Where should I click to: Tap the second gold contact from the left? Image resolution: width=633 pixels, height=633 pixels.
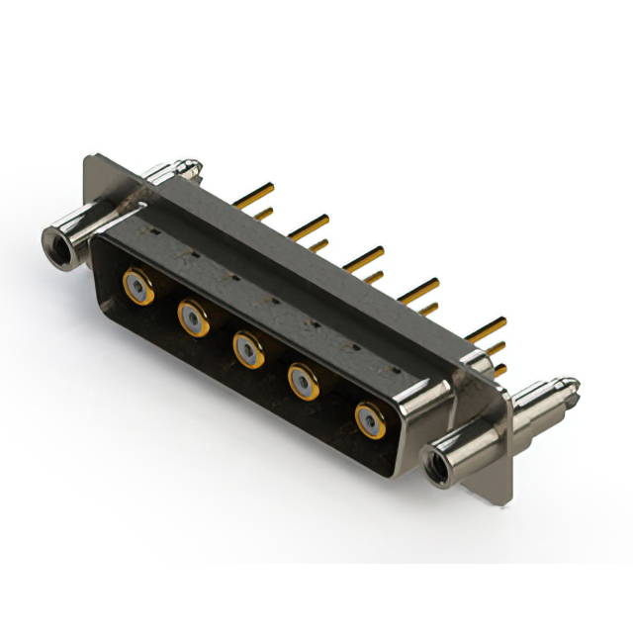[x=193, y=317]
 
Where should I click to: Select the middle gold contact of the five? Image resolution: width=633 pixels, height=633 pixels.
[x=247, y=348]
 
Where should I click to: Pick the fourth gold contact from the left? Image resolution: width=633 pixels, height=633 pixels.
[x=304, y=381]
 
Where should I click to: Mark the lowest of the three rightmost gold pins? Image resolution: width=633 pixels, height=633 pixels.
[x=499, y=370]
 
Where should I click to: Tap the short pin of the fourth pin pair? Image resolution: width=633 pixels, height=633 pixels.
[x=427, y=310]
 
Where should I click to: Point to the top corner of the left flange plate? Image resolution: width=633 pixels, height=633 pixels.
[x=91, y=156]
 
